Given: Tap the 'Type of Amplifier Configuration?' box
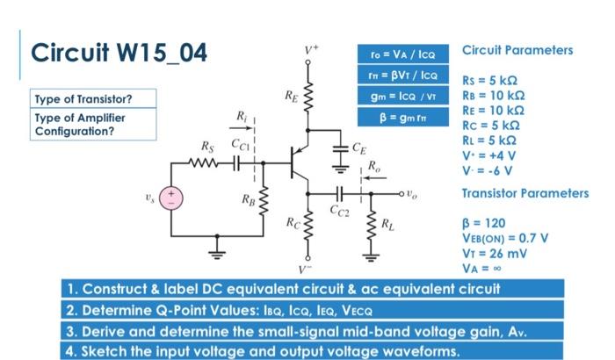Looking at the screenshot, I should coord(80,124).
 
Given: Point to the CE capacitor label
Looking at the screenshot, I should coord(359,148).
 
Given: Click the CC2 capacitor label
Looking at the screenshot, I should coord(339,210).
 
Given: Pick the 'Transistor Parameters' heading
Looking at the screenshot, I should coord(525,192).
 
